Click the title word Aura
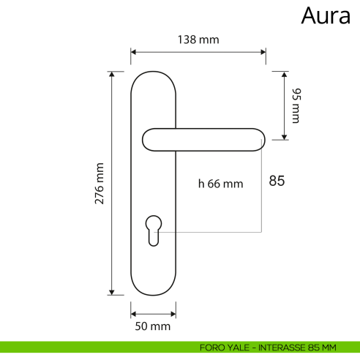click(326, 15)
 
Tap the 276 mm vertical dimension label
click(100, 183)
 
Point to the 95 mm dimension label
click(296, 105)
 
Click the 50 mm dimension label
click(154, 326)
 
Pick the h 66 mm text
click(220, 184)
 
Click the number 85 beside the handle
click(277, 181)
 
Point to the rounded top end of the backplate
click(154, 75)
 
